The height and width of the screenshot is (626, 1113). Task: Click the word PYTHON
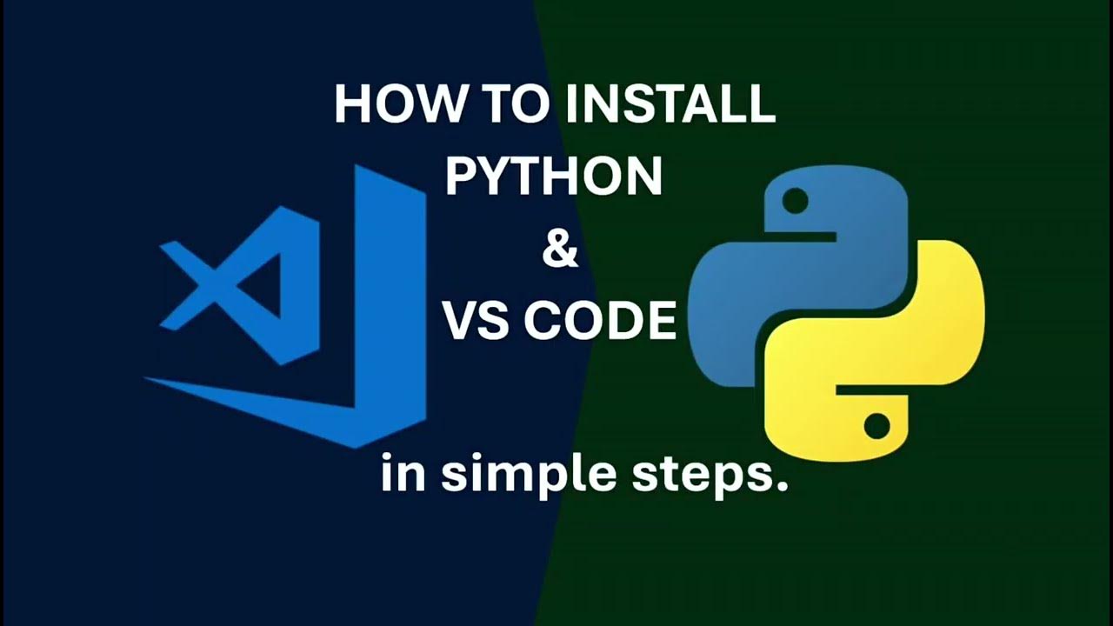click(x=554, y=176)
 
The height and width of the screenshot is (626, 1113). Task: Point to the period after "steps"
click(x=781, y=487)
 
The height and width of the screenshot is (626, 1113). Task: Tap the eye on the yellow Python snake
click(x=876, y=426)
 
